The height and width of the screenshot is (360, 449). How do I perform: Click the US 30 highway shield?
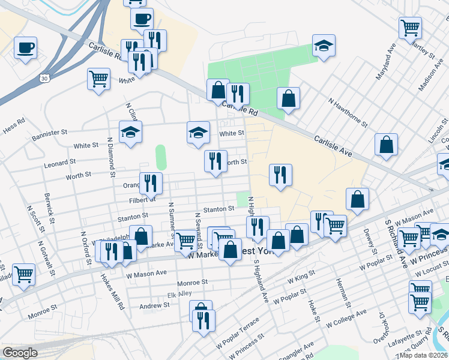[x=44, y=78]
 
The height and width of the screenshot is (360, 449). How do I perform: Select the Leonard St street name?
[x=61, y=162]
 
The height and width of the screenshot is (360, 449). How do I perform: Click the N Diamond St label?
[x=110, y=157]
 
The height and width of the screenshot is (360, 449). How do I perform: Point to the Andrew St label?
[x=155, y=306]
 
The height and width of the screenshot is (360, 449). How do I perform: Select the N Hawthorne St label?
[x=348, y=111]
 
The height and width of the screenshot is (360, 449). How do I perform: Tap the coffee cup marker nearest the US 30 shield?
[x=25, y=47]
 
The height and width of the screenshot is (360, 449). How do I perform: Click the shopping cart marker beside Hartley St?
[x=410, y=27]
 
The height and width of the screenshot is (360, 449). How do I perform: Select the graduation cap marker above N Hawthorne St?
[x=323, y=46]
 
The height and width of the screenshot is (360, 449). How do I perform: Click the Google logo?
[x=20, y=353]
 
